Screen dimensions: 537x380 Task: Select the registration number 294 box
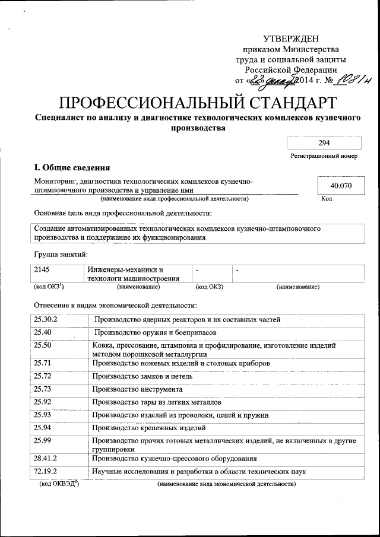click(x=324, y=143)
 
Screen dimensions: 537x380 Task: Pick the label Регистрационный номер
click(x=324, y=157)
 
